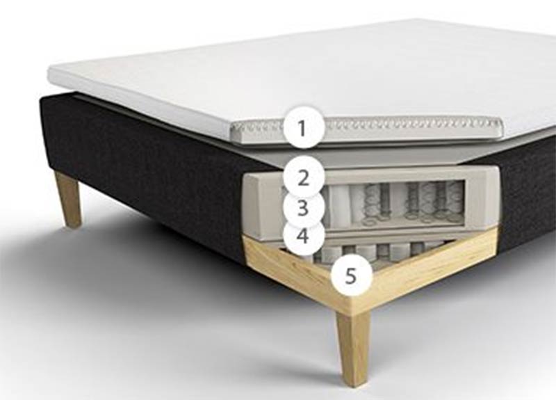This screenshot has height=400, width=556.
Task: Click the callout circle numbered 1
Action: (302, 128)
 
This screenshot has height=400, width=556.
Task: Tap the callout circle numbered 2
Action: (304, 177)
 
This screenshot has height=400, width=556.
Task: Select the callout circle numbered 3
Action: (302, 207)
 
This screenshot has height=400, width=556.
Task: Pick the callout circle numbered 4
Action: (302, 236)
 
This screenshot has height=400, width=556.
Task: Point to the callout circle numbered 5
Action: (350, 275)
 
